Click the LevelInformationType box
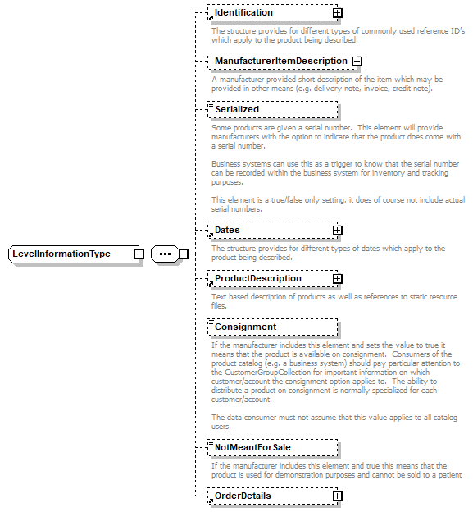pyautogui.click(x=71, y=254)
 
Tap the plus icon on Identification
pyautogui.click(x=337, y=13)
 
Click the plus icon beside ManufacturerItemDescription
pyautogui.click(x=357, y=62)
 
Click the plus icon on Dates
pyautogui.click(x=337, y=231)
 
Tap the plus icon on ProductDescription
pyautogui.click(x=337, y=279)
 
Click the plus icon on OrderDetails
pyautogui.click(x=337, y=496)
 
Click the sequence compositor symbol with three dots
pyautogui.click(x=165, y=254)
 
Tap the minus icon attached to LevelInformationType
pyautogui.click(x=139, y=254)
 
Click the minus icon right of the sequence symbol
pyautogui.click(x=184, y=254)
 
